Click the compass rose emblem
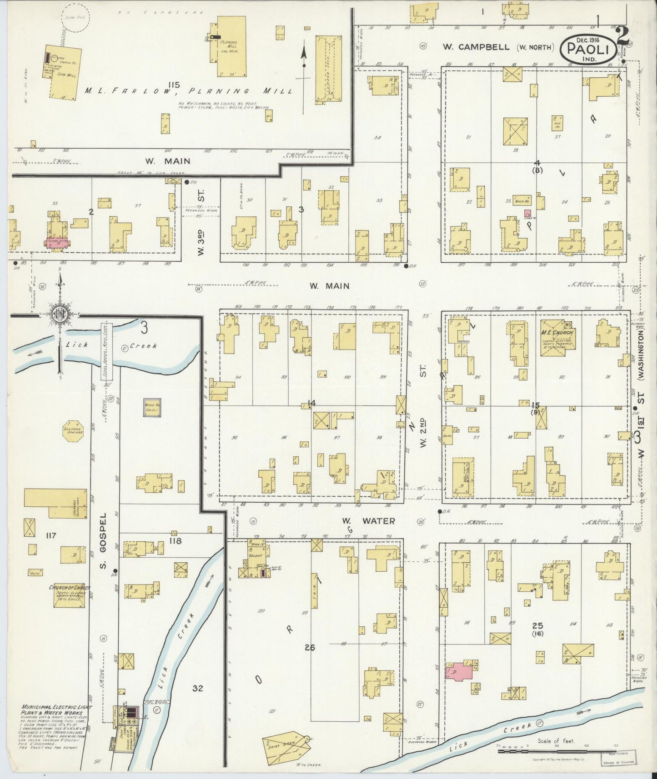pyautogui.click(x=60, y=315)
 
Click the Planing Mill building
pyautogui.click(x=231, y=46)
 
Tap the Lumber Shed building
pyautogui.click(x=328, y=69)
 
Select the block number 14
pyautogui.click(x=311, y=403)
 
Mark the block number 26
pyautogui.click(x=310, y=647)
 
